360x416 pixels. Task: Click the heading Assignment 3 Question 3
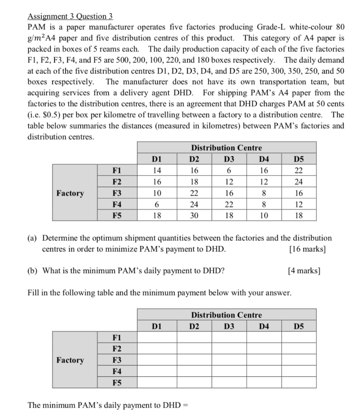pyautogui.click(x=70, y=17)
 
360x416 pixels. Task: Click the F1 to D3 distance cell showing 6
pyautogui.click(x=229, y=170)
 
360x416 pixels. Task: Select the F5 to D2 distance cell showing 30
pyautogui.click(x=194, y=216)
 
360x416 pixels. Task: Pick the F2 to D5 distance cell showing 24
pyautogui.click(x=299, y=182)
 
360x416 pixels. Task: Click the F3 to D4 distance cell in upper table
pyautogui.click(x=264, y=193)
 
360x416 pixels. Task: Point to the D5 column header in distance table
pyautogui.click(x=299, y=158)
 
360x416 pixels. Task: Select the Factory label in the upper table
pyautogui.click(x=70, y=193)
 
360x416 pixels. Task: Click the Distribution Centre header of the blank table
pyautogui.click(x=226, y=314)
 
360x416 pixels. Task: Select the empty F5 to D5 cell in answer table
pyautogui.click(x=299, y=383)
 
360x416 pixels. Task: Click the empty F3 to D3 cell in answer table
pyautogui.click(x=229, y=360)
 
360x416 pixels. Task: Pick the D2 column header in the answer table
pyautogui.click(x=194, y=326)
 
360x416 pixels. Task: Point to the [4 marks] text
pyautogui.click(x=304, y=270)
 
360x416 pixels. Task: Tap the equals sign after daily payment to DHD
pyautogui.click(x=187, y=405)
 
